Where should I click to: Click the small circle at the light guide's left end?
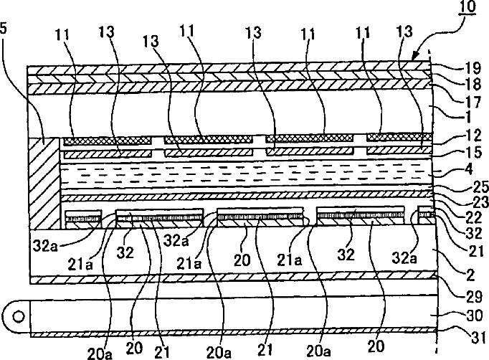click(16, 315)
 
